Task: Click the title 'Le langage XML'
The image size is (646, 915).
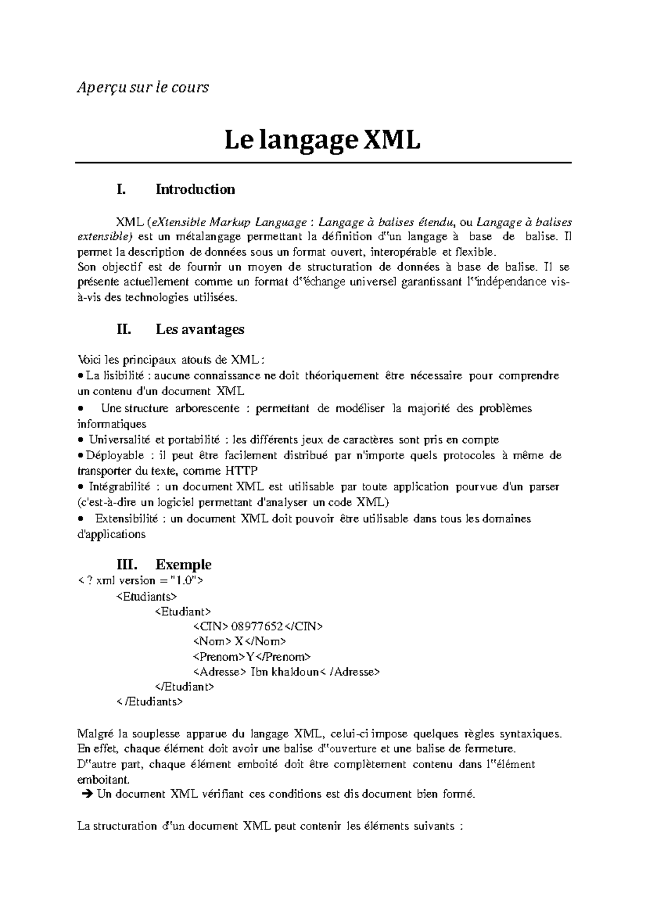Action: (322, 142)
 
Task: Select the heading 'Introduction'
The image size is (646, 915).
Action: (195, 189)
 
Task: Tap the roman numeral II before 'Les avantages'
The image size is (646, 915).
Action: (124, 329)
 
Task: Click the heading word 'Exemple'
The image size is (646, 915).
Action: (183, 565)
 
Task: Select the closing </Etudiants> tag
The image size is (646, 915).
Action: (150, 702)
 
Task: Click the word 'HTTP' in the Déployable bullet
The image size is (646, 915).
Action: (241, 471)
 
